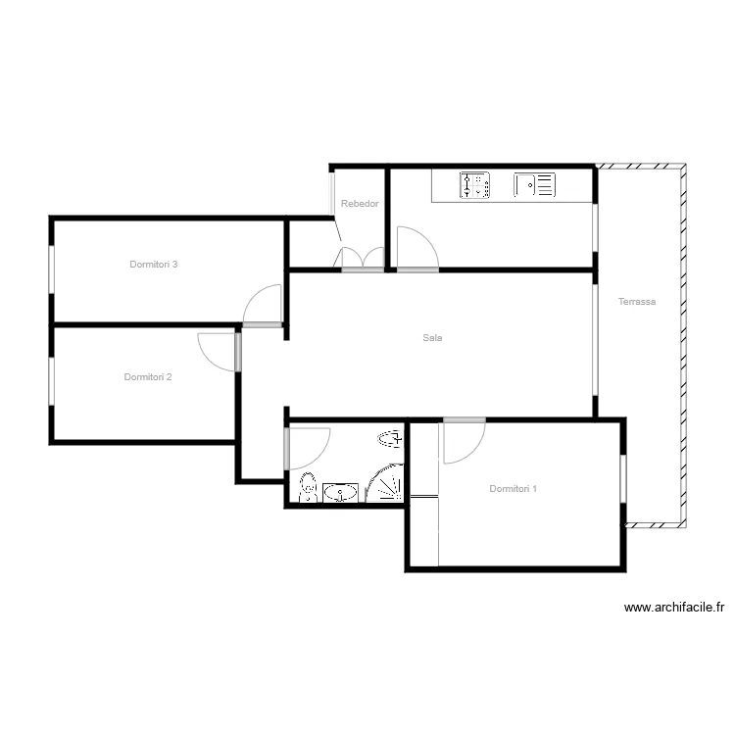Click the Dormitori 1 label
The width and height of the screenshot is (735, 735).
coord(513,488)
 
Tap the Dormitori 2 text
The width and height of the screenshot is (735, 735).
coord(148,377)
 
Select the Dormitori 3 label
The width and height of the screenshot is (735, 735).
coord(153,265)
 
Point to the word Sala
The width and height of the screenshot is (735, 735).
coord(432,337)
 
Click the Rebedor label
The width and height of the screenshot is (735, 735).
coord(360,204)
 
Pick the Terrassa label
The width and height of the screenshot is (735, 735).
coord(637,302)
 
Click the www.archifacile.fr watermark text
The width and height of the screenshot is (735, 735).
coord(673,608)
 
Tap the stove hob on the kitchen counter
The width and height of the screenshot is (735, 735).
coord(474,184)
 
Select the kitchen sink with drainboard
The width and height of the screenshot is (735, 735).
coord(534,184)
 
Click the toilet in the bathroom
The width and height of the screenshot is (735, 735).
coord(309,487)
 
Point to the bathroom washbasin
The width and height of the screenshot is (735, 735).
coord(340,493)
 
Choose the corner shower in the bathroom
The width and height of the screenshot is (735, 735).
coord(384,483)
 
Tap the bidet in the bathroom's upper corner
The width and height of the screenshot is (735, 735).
coord(390,439)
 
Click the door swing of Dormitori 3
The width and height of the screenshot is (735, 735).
coord(262,305)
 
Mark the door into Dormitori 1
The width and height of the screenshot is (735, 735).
coord(465,441)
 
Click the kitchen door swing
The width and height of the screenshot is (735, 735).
coord(417,249)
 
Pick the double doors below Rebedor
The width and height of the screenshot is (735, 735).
coord(363,259)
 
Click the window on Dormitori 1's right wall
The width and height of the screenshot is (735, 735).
coord(623,478)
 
